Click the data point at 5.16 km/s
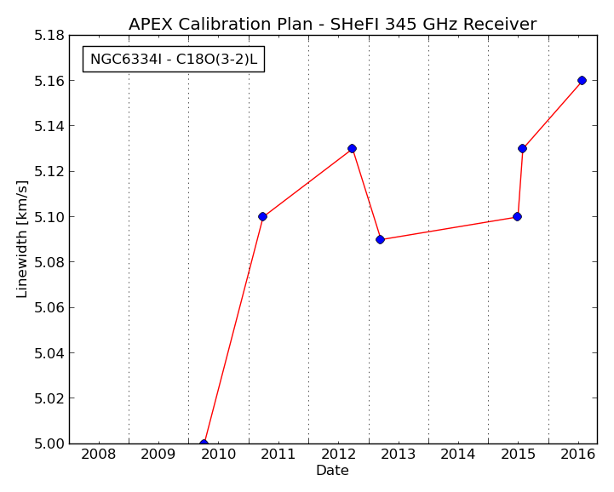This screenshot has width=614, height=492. coord(582,81)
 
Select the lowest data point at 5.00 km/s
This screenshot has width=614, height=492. coord(204,443)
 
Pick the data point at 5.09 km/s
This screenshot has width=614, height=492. coord(380,239)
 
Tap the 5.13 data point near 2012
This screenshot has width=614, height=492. coord(352,148)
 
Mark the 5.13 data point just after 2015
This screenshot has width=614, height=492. coord(522,148)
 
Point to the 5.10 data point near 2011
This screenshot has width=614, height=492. coord(262,216)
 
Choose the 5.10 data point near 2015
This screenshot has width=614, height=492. coord(517,216)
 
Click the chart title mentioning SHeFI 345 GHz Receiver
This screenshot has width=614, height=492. coord(332,25)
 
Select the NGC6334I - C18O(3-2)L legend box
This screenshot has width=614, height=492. coord(174,59)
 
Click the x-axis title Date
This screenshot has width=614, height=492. coord(332,470)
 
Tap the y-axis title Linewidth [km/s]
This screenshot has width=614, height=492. coord(22,239)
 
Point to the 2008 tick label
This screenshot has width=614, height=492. coord(98,455)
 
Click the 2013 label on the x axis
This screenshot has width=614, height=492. coord(398,455)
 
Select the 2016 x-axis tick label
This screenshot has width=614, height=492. coord(578,455)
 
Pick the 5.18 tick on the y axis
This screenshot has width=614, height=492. coord(49,36)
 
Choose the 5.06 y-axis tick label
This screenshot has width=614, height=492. coord(49,307)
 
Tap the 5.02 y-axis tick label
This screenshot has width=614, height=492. coord(49,398)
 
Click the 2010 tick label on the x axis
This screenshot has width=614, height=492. coord(219,455)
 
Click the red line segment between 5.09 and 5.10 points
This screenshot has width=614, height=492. coord(448,228)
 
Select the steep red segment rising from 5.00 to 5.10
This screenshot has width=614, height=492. coord(233,329)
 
